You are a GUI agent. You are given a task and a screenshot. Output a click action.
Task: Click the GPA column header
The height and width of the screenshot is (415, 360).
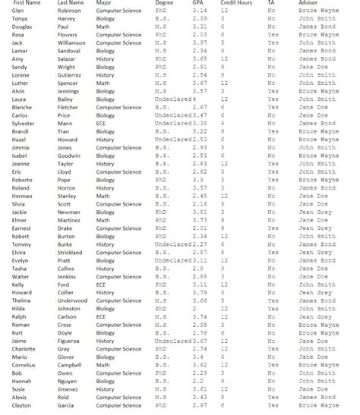point(198,4)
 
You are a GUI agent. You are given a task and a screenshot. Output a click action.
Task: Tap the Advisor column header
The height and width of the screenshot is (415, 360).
point(308,4)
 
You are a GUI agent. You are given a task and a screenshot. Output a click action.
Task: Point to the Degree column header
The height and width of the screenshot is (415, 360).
point(165,4)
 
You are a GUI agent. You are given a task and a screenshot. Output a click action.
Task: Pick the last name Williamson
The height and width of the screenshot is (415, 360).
point(76,43)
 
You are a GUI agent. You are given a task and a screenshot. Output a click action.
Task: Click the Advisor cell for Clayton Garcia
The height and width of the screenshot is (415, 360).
point(318,406)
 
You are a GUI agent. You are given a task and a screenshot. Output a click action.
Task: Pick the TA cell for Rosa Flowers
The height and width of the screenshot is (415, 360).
point(273,36)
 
